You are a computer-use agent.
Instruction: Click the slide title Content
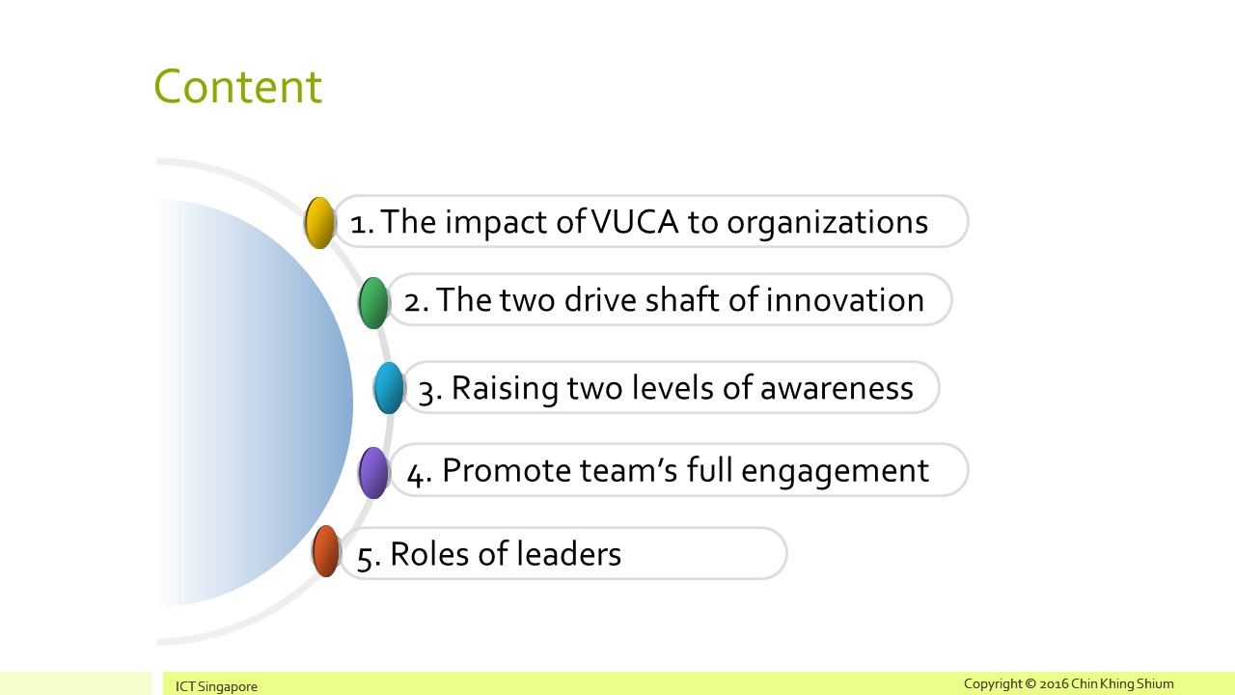tap(237, 87)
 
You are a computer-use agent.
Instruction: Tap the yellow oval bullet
tap(319, 223)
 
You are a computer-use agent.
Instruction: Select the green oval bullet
tap(373, 303)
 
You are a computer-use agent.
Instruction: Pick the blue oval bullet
tap(389, 388)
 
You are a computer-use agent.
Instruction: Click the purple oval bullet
tap(373, 473)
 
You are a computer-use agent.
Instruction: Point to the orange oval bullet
tap(326, 551)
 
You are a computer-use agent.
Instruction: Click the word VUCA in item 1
tap(635, 222)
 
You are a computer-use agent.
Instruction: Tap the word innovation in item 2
tap(844, 300)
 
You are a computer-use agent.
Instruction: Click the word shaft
tap(682, 300)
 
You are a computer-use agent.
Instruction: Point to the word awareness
tap(837, 388)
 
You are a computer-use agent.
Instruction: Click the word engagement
tap(835, 473)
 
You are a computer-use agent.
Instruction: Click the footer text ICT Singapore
tap(216, 686)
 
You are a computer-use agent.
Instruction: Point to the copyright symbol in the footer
tap(1029, 684)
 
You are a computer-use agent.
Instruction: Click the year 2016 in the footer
tap(1054, 684)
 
